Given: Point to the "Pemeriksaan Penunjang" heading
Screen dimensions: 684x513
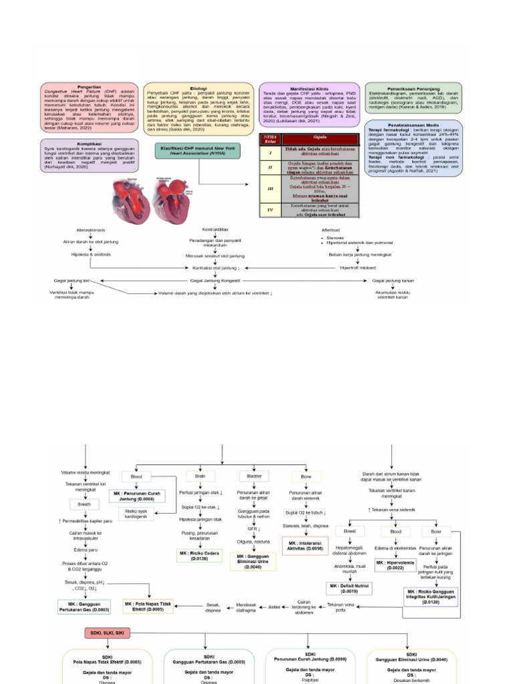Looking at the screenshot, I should (x=414, y=88).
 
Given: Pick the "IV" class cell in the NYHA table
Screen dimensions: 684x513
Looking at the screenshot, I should (x=270, y=212).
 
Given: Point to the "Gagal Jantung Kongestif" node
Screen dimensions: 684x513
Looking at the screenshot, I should (x=215, y=281).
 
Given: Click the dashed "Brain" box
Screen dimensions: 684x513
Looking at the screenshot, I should (x=198, y=476).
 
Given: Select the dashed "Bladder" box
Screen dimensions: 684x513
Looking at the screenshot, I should (x=252, y=476).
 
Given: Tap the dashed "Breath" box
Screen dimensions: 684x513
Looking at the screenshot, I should (x=78, y=504).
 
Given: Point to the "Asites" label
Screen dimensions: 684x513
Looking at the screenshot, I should (x=274, y=607).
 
